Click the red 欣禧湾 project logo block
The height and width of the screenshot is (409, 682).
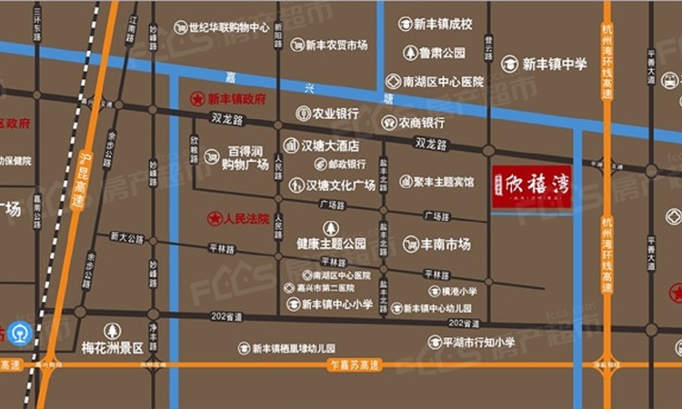(532, 187)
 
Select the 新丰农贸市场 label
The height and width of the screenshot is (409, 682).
(336, 45)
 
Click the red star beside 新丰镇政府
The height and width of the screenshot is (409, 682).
(196, 98)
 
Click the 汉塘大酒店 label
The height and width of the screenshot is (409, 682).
(332, 145)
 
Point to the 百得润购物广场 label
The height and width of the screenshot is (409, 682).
(247, 156)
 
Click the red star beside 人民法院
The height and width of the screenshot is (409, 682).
(215, 218)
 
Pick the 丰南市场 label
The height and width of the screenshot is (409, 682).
(445, 244)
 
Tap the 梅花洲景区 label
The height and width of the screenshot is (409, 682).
(113, 348)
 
